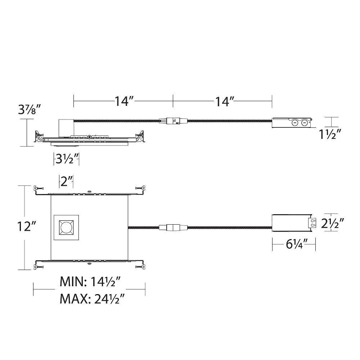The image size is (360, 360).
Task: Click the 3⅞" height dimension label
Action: (30, 110)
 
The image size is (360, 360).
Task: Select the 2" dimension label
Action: (66, 181)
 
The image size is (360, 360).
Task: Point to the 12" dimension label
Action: (27, 226)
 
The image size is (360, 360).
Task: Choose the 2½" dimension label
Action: (332, 223)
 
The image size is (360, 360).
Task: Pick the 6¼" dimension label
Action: (297, 244)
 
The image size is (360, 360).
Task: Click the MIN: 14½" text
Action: (90, 282)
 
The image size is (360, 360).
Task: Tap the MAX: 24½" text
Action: (92, 299)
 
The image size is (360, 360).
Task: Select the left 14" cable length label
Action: (124, 101)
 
